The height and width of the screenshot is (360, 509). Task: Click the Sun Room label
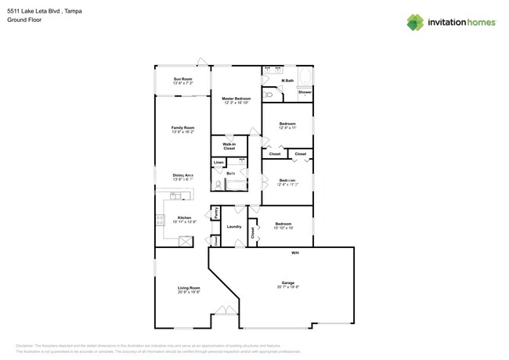pos(182,79)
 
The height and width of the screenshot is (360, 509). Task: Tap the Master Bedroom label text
pos(236,99)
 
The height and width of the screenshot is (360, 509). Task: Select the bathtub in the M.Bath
pos(305,77)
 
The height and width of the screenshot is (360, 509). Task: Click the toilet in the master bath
pos(269,95)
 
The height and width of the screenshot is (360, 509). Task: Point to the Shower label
pos(305,92)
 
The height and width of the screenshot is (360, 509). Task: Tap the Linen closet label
pos(218,163)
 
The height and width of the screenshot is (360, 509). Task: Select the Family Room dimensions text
pos(182,132)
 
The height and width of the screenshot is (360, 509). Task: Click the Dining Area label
pos(183,175)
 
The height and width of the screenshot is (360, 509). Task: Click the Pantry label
pos(215,212)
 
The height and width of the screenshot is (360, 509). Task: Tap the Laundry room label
pos(233,227)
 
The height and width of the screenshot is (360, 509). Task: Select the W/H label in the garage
pos(295,253)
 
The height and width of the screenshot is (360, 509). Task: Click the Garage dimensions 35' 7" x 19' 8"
pos(288,287)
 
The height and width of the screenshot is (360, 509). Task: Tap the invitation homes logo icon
pos(414,23)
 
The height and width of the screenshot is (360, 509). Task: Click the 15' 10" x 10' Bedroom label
pos(283,224)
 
